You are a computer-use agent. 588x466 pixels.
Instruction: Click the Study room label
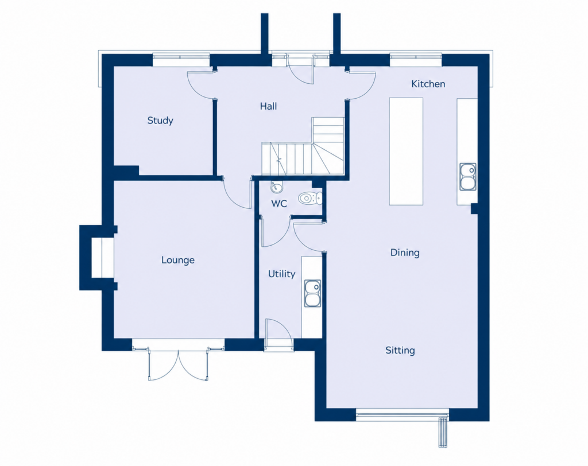coord(160,121)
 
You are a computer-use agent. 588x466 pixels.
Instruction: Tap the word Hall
coord(269,106)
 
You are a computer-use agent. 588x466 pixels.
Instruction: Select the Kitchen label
coord(428,84)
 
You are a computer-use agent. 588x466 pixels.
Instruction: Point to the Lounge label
coord(178,260)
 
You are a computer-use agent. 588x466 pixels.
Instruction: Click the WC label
coord(279,204)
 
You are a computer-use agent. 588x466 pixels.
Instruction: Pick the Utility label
coord(281,274)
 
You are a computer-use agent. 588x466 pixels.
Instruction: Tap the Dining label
coord(405,253)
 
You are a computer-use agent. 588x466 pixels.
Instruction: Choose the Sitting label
coord(400,351)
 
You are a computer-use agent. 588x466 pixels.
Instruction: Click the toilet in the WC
coord(311,198)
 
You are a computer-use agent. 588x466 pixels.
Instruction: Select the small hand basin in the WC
coord(276,187)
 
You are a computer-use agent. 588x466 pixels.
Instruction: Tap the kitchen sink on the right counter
coord(467,177)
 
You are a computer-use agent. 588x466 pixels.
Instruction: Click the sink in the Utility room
coord(312,294)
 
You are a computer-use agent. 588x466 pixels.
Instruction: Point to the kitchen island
coord(406,152)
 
